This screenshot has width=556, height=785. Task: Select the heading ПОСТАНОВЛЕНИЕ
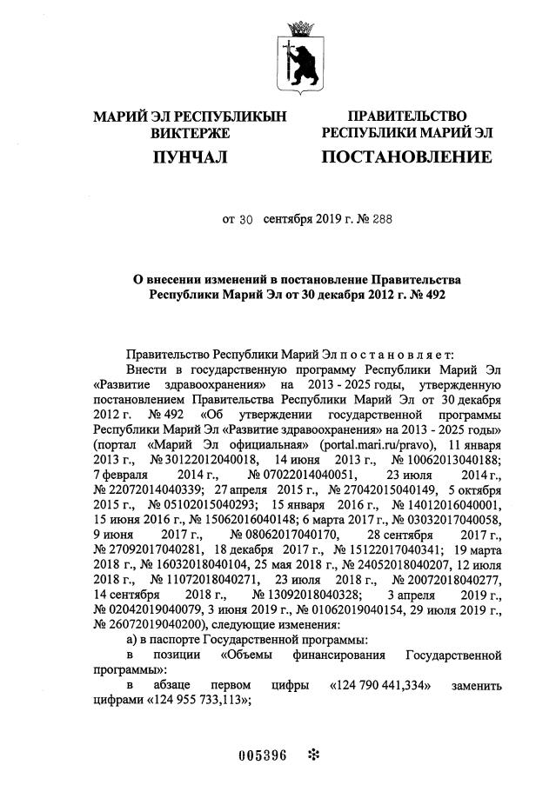(406, 157)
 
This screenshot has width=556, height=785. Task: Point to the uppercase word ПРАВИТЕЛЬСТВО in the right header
(406, 116)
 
